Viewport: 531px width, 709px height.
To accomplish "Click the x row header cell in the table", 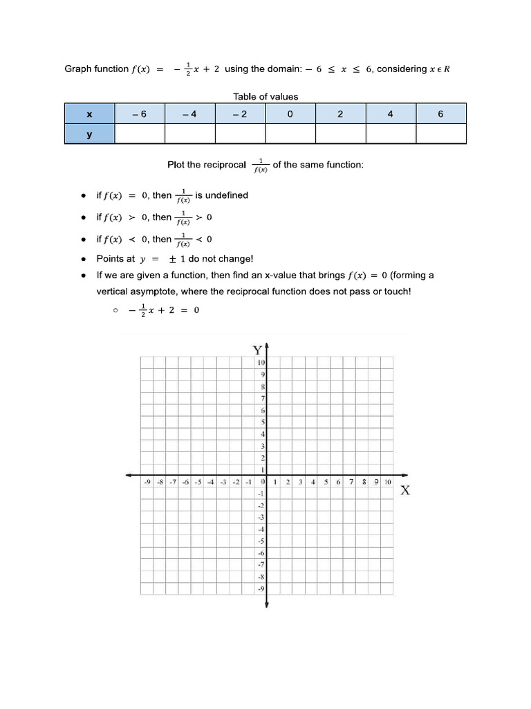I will coord(89,114).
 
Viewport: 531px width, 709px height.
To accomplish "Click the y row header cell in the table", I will coord(89,134).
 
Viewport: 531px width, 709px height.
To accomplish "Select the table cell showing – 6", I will coord(140,114).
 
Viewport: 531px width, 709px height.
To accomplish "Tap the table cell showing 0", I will coord(290,114).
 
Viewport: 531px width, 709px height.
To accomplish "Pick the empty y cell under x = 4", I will coord(391,134).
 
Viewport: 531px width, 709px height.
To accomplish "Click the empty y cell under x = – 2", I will coord(240,134).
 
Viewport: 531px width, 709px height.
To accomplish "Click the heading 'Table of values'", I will coord(266,97).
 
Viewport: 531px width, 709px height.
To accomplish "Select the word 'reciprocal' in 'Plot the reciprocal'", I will coord(225,165).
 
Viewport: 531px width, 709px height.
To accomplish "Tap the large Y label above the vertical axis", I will coord(257,350).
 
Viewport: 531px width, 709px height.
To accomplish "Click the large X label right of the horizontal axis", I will coord(406,491).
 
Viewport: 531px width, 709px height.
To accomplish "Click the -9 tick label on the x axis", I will coord(147,482).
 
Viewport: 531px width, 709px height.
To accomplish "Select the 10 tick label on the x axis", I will coord(388,482).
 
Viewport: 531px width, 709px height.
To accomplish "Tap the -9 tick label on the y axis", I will coord(261,589).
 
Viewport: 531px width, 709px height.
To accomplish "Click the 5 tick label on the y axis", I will coord(263,422).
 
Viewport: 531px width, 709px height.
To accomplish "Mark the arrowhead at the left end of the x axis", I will coord(129,475).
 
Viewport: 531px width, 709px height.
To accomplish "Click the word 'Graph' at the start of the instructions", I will coord(77,69).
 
